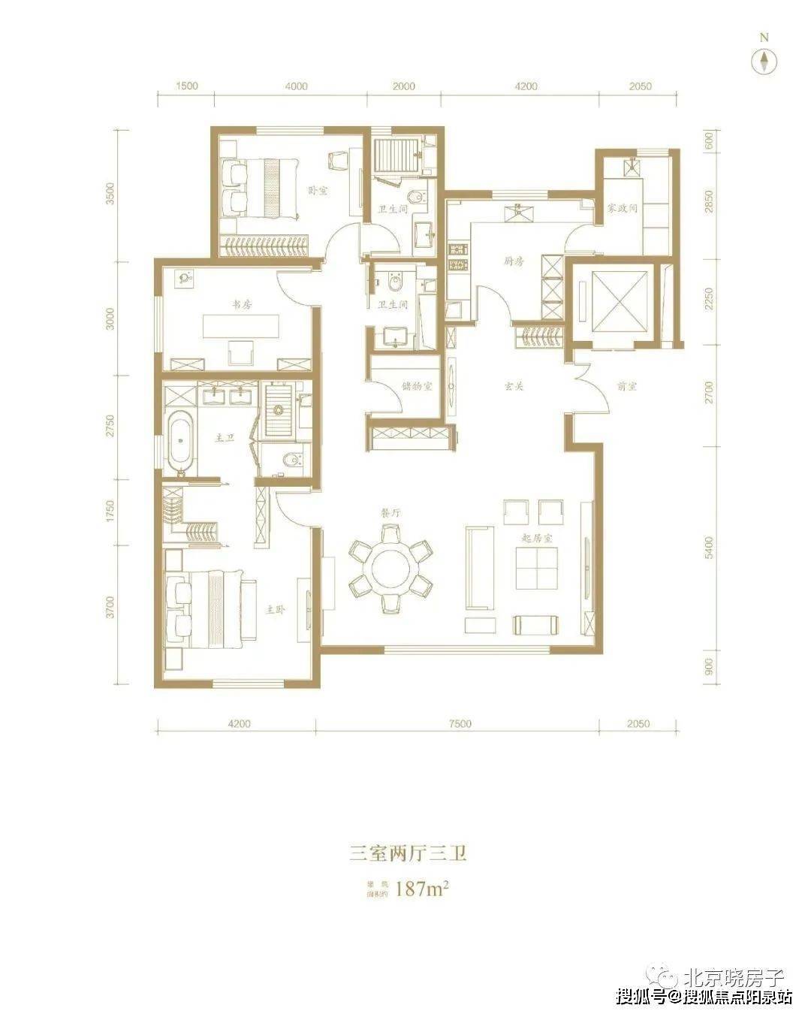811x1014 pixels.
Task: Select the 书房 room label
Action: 241,305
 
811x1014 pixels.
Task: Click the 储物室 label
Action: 417,387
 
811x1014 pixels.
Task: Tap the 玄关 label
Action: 513,387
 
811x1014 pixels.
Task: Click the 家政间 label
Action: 623,208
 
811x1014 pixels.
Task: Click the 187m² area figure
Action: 421,890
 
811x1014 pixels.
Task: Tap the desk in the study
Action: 240,327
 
